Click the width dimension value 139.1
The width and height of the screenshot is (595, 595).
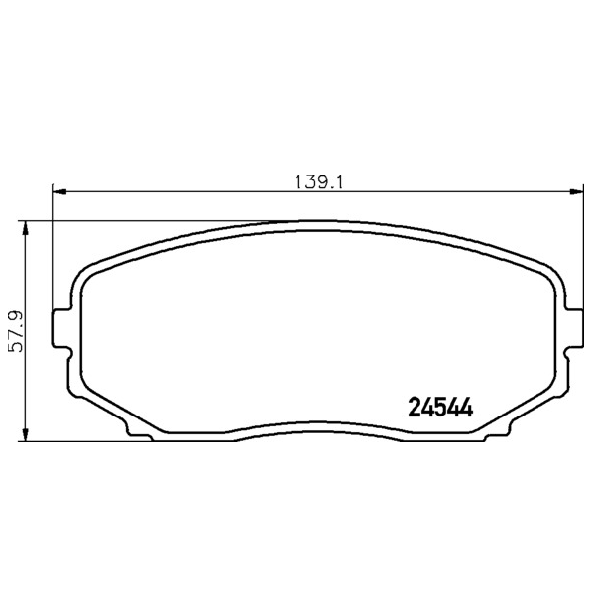318,182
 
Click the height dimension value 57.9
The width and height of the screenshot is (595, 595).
17,331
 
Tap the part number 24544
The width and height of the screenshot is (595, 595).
440,408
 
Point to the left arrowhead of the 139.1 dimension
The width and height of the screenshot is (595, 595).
59,192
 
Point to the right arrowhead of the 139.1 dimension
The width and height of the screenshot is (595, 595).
576,192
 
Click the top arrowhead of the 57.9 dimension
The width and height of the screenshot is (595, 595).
25,228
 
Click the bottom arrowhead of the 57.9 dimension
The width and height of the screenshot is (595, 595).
25,434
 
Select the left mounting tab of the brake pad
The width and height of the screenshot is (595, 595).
60,328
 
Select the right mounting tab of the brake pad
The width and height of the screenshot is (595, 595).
574,328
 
